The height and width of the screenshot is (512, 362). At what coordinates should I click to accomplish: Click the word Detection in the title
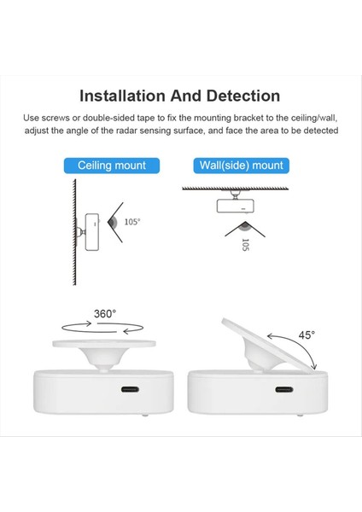tap(236, 96)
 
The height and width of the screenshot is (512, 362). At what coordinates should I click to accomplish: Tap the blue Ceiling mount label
tap(111, 166)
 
